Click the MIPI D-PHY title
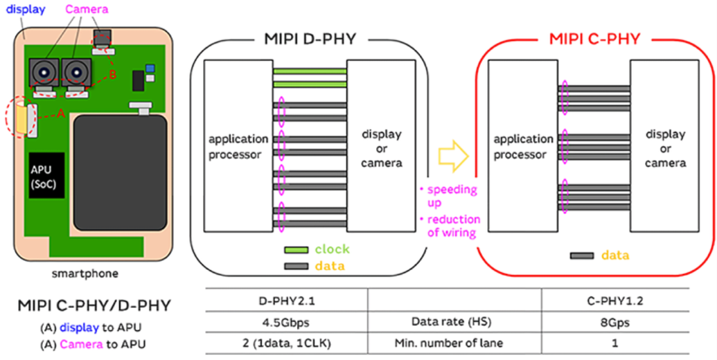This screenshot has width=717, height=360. coord(310,39)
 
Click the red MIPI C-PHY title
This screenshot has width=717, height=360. coord(595,39)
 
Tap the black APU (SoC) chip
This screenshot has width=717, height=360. coord(46,176)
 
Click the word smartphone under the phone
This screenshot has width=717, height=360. coord(85,273)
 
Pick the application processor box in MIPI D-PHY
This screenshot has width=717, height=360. coord(236,146)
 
